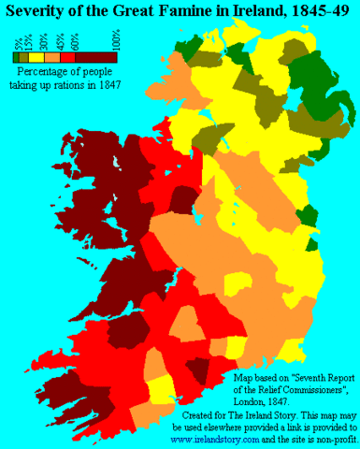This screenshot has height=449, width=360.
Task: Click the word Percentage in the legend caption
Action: click(42, 71)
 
